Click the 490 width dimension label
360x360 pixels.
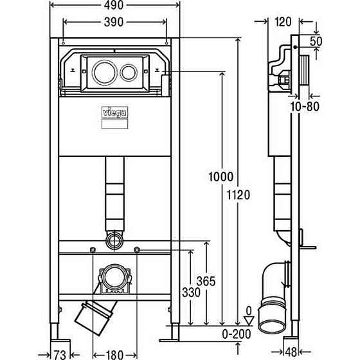pos(114,5)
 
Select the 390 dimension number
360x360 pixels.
pos(114,22)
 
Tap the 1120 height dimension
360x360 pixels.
pos(239,195)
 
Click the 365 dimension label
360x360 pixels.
pos(206,282)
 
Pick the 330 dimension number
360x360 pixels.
pos(192,292)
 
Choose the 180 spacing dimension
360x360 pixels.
pos(115,354)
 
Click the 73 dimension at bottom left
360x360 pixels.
pos(60,354)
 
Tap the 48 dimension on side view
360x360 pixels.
pos(291,352)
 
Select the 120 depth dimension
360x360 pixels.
pos(283,22)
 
